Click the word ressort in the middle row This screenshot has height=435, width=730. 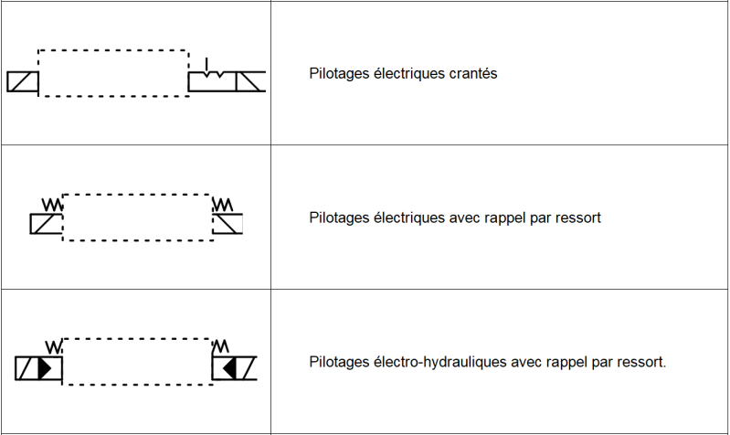(x=579, y=218)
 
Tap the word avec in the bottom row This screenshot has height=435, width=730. (x=524, y=362)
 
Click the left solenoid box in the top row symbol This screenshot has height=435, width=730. (x=22, y=82)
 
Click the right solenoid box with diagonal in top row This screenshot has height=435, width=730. (x=250, y=82)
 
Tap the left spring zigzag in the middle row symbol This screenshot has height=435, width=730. (x=53, y=205)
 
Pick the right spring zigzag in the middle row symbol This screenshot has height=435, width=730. (x=223, y=204)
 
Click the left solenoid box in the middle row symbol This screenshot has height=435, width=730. (x=46, y=224)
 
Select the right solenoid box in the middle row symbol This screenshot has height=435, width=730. (x=228, y=224)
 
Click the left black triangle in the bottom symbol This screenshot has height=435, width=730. (x=45, y=368)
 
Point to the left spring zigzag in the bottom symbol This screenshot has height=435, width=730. (x=53, y=347)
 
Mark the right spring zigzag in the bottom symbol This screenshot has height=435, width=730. (x=220, y=347)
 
